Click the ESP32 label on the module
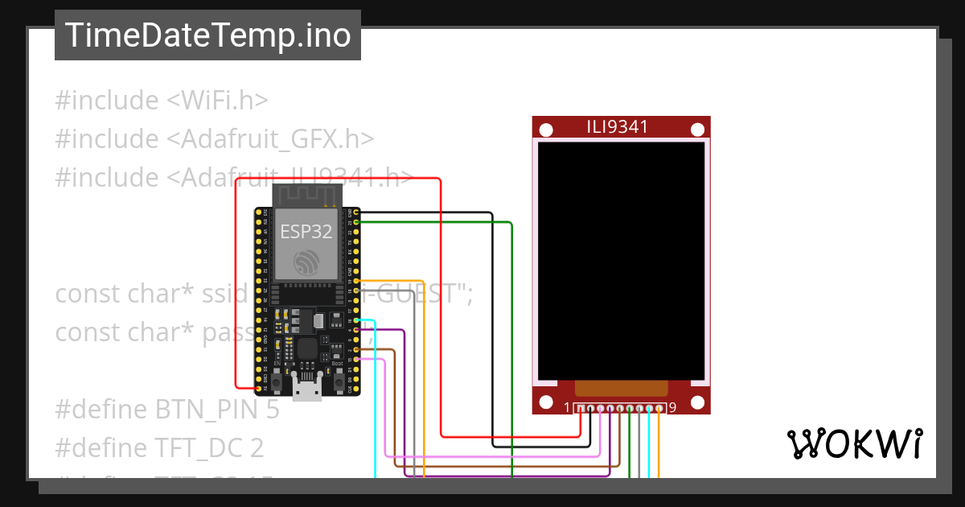(x=306, y=232)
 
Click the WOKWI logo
(x=854, y=443)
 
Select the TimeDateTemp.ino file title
(x=207, y=35)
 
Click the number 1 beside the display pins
(x=567, y=408)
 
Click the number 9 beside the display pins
(x=672, y=408)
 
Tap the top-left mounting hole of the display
(x=546, y=130)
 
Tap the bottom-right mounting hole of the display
(x=697, y=402)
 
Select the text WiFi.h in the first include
(x=218, y=101)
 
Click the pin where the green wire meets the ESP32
(x=356, y=221)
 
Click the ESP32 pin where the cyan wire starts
(x=356, y=320)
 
